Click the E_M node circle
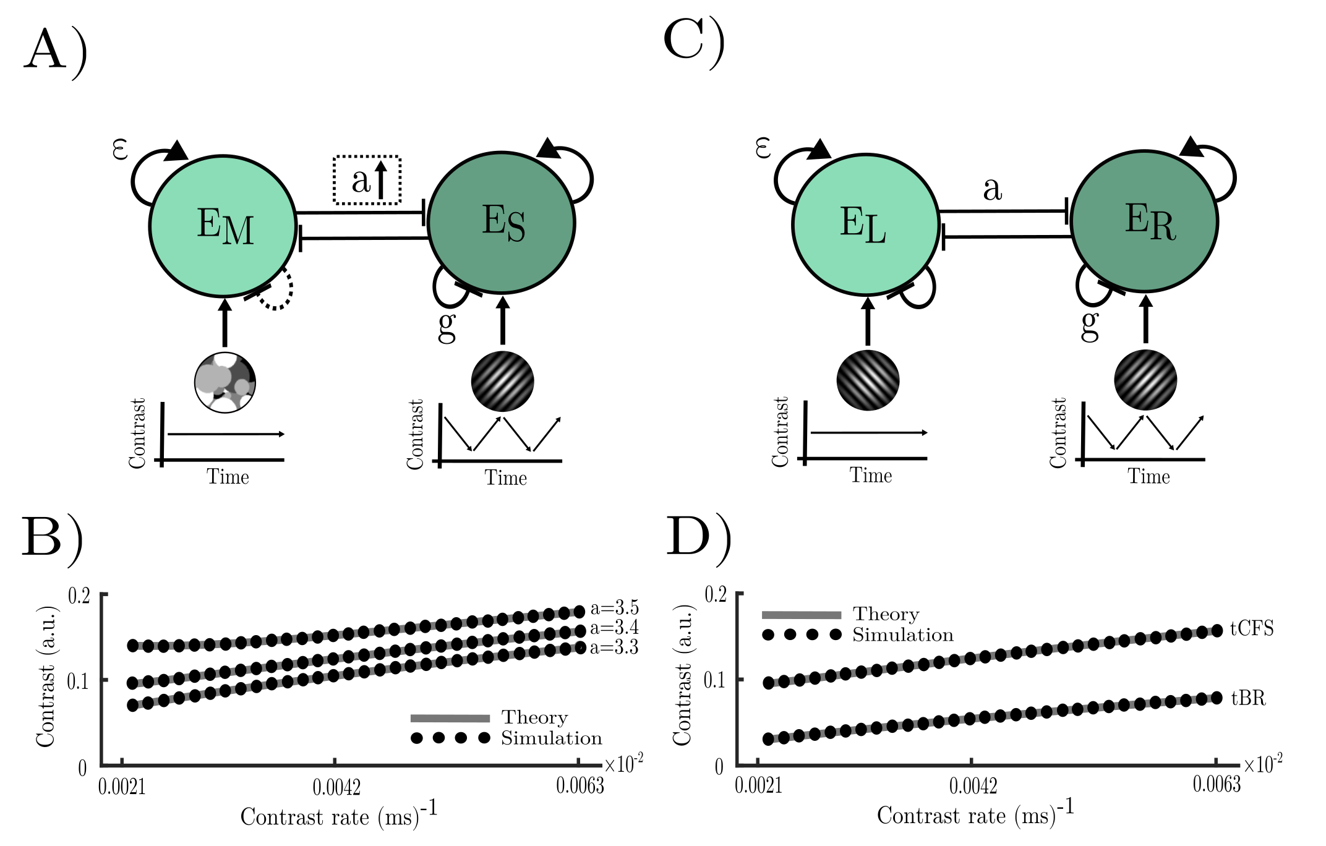coord(223,225)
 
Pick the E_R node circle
coord(1145,221)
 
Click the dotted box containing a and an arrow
coord(367,180)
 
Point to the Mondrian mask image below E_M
coord(225,383)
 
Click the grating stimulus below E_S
coord(502,381)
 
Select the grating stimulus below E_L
coord(868,380)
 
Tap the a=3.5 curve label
coord(614,608)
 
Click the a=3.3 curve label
coord(614,647)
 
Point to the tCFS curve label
coord(1252,628)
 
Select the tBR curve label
coord(1248,698)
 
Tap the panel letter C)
coord(693,41)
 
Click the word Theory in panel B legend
coord(534,717)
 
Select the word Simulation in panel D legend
coord(903,635)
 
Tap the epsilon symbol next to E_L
coord(764,148)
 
